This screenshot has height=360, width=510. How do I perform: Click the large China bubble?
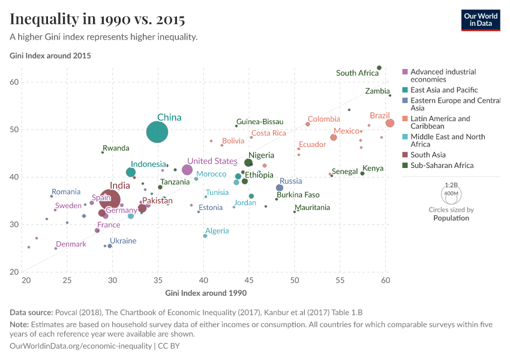click(x=157, y=132)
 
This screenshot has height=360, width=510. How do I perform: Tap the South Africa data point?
click(x=379, y=68)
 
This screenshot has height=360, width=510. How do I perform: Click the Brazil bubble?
click(x=390, y=123)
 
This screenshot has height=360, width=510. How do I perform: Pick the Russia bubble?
click(x=280, y=188)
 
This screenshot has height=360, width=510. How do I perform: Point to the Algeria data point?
click(x=205, y=236)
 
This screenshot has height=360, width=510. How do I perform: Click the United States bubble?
click(x=187, y=170)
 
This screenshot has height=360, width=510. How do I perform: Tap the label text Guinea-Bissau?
click(x=260, y=122)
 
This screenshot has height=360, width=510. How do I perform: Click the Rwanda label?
click(x=116, y=148)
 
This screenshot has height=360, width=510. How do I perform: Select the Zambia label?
click(x=377, y=91)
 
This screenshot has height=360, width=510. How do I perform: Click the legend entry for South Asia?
click(x=428, y=155)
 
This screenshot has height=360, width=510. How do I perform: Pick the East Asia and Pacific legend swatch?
click(x=406, y=90)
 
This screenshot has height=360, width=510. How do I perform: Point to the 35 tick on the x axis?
click(x=157, y=280)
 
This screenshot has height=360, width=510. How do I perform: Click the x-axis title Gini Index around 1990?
click(x=206, y=293)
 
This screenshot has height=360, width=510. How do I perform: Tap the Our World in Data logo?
click(x=481, y=20)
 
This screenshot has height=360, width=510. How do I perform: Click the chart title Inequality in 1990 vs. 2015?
click(x=97, y=19)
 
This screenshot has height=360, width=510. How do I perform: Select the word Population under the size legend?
click(x=451, y=218)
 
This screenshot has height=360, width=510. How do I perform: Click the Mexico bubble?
click(x=334, y=137)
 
